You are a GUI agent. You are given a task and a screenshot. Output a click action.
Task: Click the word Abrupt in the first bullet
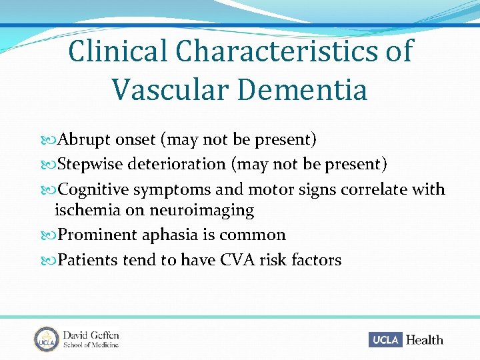(85, 140)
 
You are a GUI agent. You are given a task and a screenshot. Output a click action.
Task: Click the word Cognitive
(93, 189)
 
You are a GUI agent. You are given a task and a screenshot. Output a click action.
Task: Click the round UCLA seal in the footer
(47, 339)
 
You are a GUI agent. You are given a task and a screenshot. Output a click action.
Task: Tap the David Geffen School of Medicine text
(91, 339)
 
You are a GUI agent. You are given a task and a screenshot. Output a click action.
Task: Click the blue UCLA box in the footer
(385, 340)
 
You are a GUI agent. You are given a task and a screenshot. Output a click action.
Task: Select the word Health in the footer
(425, 340)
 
